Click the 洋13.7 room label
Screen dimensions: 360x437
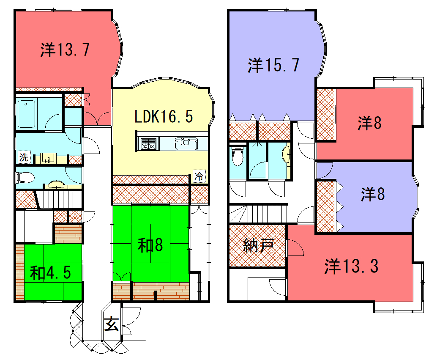(x=67, y=48)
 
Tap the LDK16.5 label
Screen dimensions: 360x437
(x=164, y=117)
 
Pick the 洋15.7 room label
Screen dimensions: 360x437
(x=275, y=66)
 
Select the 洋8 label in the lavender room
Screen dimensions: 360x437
(x=372, y=192)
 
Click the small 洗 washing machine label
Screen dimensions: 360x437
(x=22, y=158)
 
